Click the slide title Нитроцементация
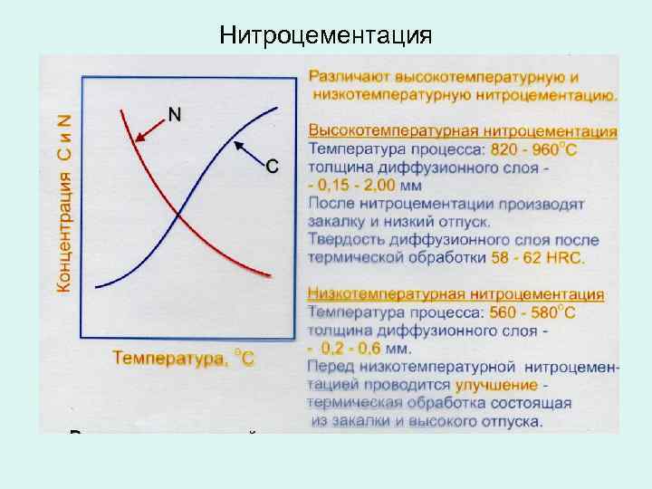[326, 36]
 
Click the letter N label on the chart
[174, 114]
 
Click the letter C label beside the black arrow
[272, 166]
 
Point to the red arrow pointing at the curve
[149, 129]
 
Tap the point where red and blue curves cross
[179, 215]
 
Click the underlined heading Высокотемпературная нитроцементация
[463, 131]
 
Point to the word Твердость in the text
[345, 240]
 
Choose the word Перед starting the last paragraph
[332, 368]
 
